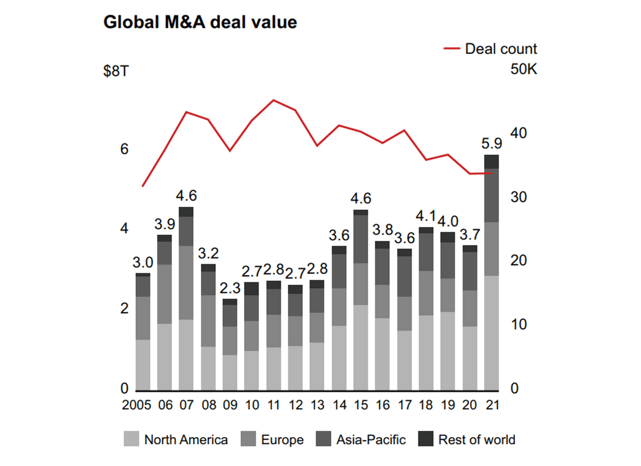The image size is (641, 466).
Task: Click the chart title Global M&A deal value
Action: tap(200, 22)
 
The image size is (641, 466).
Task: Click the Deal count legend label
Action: tap(501, 49)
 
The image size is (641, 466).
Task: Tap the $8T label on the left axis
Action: tap(116, 71)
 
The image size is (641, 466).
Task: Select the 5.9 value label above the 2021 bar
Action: tap(491, 144)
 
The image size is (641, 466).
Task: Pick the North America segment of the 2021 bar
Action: tap(491, 332)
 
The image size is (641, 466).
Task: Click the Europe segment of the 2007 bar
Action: tap(186, 283)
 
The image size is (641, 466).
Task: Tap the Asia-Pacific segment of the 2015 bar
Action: tap(361, 239)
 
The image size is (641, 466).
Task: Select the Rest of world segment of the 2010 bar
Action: tap(252, 289)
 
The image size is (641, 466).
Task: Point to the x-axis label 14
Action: tap(339, 405)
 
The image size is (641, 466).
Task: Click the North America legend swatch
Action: tap(132, 440)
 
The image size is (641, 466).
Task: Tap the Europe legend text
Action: tap(282, 440)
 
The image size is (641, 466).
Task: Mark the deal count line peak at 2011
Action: tap(273, 100)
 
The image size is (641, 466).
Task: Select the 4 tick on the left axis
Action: tap(124, 229)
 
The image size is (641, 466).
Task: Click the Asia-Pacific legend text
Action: tap(371, 440)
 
